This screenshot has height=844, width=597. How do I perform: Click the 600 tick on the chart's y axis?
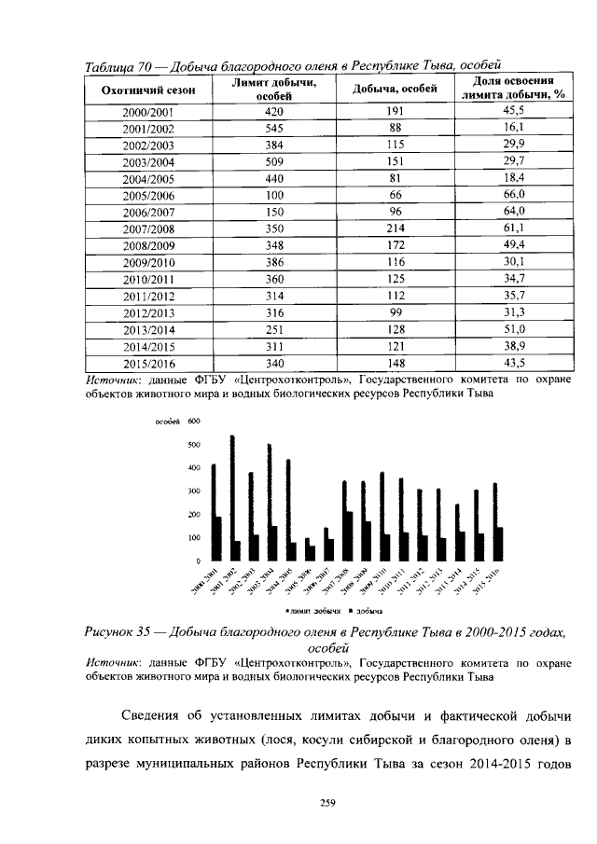pyautogui.click(x=194, y=422)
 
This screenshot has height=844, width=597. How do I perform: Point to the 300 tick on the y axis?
pyautogui.click(x=194, y=491)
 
